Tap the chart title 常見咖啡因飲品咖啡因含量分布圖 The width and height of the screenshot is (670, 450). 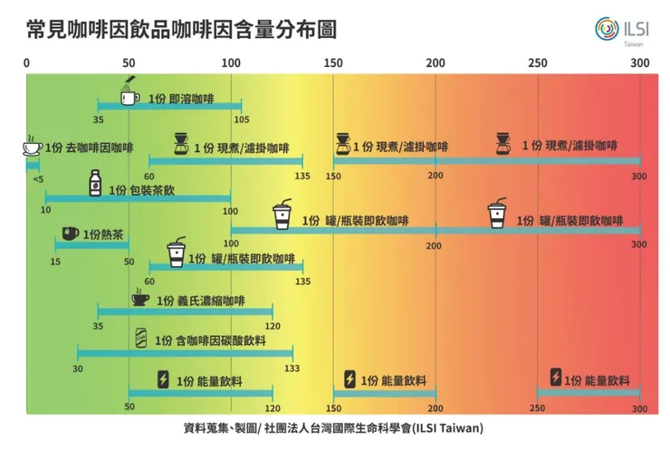181,29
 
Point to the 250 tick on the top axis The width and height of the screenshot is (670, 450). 538,62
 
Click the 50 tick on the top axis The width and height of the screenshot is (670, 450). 129,62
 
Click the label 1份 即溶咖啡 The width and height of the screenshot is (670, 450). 180,97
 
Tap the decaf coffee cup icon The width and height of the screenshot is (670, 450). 32,147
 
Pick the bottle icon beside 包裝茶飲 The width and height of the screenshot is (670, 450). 94,184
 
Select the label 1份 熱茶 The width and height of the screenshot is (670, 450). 103,235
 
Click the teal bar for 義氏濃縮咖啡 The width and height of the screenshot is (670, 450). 185,312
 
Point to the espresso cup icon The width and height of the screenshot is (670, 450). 140,299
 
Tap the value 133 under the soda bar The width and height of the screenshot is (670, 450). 292,368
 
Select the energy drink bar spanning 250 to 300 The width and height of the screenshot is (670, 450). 589,391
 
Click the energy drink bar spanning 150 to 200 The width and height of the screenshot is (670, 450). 384,391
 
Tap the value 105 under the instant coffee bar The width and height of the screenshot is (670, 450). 241,120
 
